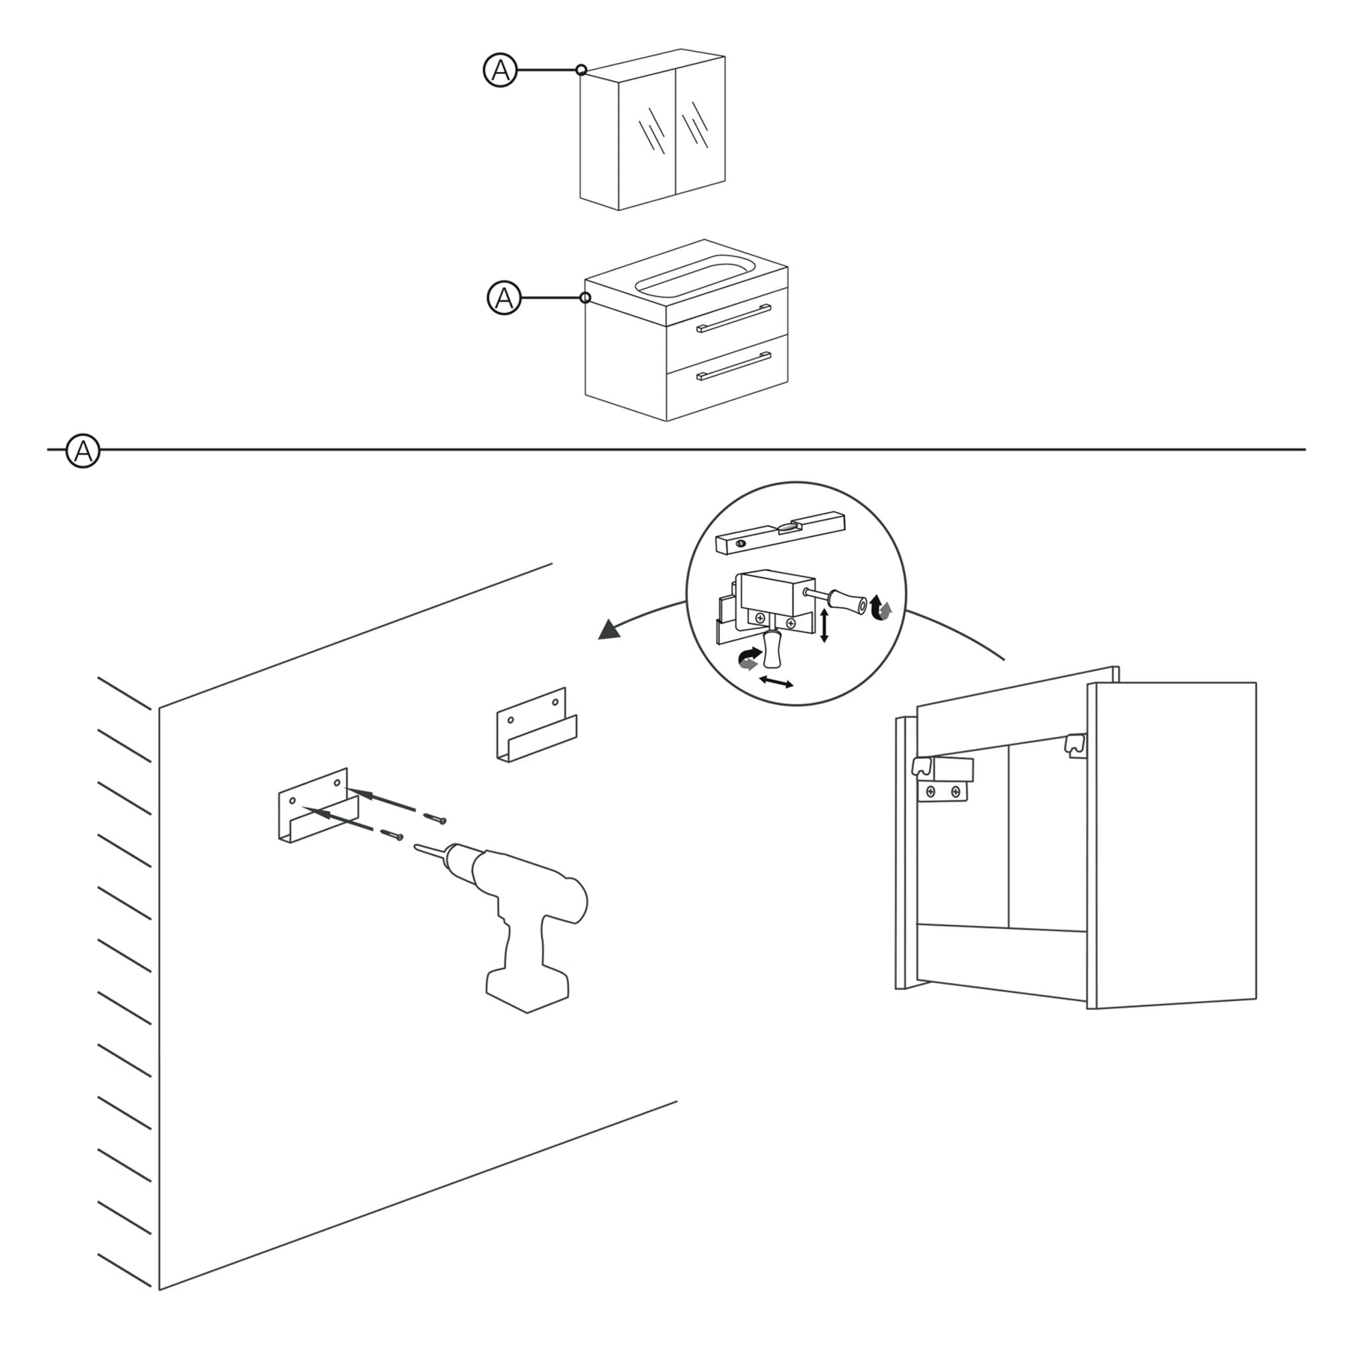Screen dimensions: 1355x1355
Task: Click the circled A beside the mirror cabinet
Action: (x=500, y=70)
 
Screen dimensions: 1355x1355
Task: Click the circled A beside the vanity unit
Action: (x=503, y=298)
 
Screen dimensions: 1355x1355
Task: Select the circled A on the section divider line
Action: (x=83, y=451)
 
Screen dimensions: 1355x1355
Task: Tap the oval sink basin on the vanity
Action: (x=694, y=276)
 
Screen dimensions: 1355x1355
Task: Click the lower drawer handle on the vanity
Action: (x=734, y=366)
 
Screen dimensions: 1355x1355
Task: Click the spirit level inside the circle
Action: (x=780, y=534)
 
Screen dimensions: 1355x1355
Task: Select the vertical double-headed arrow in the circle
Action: (x=825, y=626)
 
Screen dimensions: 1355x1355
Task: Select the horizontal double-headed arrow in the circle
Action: (x=776, y=681)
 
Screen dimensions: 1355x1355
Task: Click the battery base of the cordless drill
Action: (x=527, y=989)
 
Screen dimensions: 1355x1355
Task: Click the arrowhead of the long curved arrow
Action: (x=608, y=631)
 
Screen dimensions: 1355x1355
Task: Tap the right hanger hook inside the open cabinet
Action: (x=1074, y=745)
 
